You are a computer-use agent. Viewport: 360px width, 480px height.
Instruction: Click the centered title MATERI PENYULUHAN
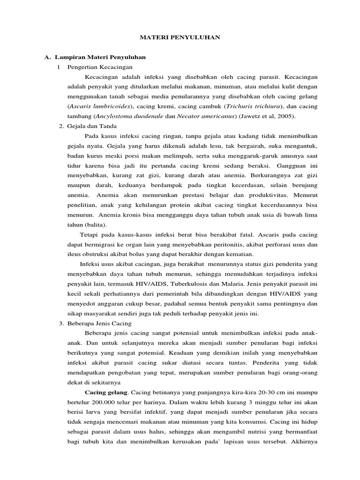pyautogui.click(x=180, y=37)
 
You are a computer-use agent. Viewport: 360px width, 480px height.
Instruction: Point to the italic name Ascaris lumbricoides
pyautogui.click(x=99, y=106)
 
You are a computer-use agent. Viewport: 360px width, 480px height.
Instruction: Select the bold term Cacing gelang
pyautogui.click(x=105, y=392)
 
